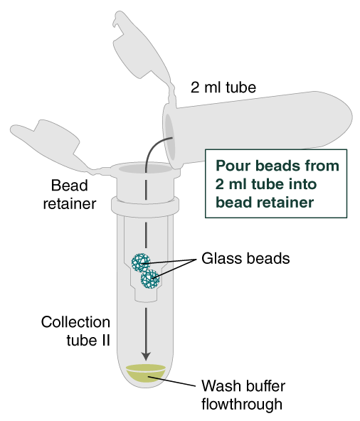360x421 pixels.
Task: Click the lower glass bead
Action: click(150, 278)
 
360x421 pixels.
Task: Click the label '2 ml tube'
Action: click(223, 88)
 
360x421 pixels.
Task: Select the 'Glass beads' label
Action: click(245, 258)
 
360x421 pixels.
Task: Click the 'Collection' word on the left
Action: click(75, 322)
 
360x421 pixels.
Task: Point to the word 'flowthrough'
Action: click(243, 405)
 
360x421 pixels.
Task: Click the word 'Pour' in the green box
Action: click(232, 166)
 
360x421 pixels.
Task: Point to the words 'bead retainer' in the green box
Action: click(264, 202)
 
